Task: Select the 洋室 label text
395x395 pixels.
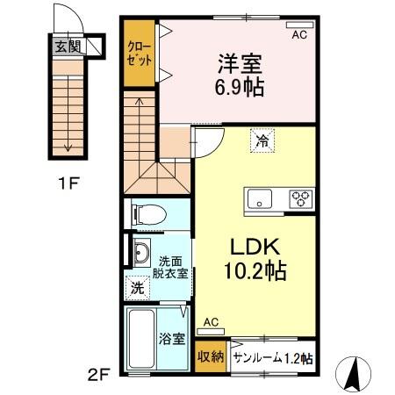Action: tap(238, 63)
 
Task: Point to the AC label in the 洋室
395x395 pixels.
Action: tap(298, 35)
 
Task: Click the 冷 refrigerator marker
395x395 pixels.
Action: tap(262, 140)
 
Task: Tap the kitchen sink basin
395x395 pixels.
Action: tap(261, 197)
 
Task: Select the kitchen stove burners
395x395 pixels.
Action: tap(301, 197)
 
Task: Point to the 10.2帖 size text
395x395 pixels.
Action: tap(252, 269)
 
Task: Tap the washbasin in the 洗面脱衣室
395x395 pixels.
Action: tap(140, 254)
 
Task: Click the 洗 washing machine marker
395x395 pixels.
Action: tap(139, 286)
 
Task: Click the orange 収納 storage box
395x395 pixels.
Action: tap(211, 356)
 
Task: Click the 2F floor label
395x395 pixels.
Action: tap(98, 375)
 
